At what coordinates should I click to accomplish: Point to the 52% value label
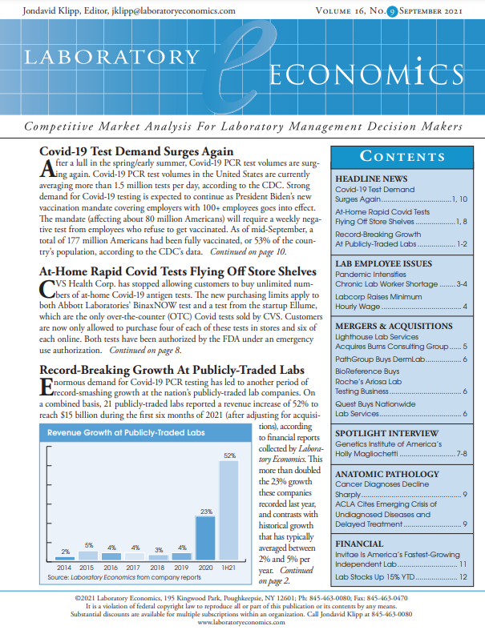point(229,455)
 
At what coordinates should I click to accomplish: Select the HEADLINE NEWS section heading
point(371,178)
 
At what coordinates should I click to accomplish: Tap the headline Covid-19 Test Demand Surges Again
point(136,151)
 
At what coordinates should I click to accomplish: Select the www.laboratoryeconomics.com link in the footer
point(241,621)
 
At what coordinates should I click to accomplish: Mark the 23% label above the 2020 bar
point(206,511)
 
